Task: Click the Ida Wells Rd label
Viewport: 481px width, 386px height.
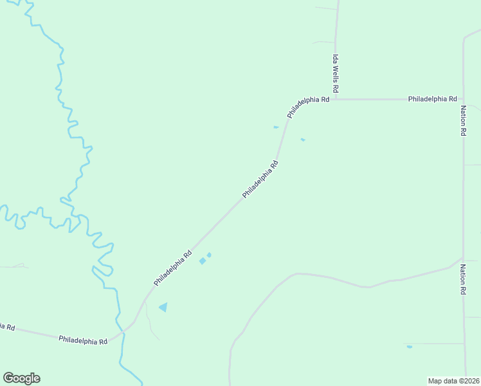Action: pos(335,72)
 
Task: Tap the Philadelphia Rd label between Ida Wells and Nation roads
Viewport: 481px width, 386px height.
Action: pos(432,99)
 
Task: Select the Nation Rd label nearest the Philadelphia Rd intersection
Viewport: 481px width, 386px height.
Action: pos(463,120)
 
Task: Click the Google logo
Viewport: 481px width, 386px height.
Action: pos(21,378)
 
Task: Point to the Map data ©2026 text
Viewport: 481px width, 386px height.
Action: pos(454,381)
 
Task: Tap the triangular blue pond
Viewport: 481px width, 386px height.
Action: pos(163,308)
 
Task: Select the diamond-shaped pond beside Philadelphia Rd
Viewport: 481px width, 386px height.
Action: pos(203,261)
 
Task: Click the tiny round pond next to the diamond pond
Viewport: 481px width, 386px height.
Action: pos(209,255)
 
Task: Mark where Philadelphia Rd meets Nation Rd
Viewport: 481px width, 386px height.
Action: pos(463,99)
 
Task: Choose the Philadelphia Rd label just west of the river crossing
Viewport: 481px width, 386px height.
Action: pos(82,339)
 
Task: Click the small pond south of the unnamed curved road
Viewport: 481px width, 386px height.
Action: pos(409,347)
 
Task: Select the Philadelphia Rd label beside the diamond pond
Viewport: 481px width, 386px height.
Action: pos(173,268)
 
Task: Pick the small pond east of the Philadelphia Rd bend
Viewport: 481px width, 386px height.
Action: pos(302,140)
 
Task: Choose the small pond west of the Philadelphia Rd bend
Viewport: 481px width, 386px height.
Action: pos(276,127)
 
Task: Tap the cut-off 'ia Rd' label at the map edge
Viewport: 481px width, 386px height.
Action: pos(7,326)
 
